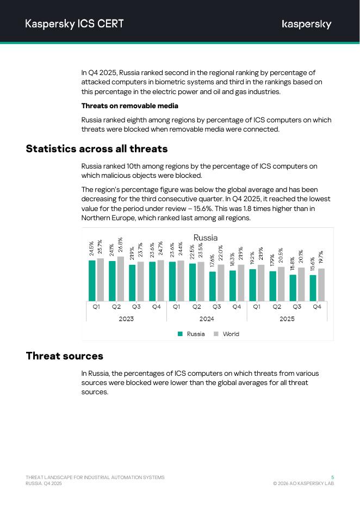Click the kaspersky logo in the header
tap(307, 24)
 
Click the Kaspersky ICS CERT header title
tap(75, 24)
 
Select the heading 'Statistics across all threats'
tap(97, 148)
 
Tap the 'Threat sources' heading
tap(65, 356)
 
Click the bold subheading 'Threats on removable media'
tap(130, 106)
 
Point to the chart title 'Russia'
tap(206, 238)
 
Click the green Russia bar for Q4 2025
tap(313, 288)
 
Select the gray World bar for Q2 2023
tap(120, 279)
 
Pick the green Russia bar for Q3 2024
tap(213, 287)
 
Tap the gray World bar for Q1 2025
tap(261, 283)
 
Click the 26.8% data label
tap(120, 246)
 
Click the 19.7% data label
tap(321, 259)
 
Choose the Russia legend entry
tap(191, 334)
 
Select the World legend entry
tap(227, 334)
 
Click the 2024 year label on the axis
tap(207, 319)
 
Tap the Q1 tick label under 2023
tap(96, 307)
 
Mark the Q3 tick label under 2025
tap(297, 307)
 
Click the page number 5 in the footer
tap(332, 477)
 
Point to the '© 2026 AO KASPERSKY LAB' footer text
tap(303, 483)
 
